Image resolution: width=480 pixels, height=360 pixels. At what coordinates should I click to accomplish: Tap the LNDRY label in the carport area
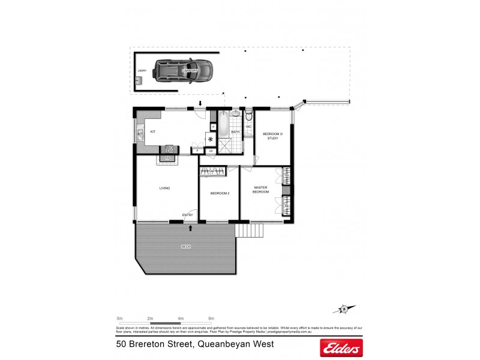pyautogui.click(x=142, y=71)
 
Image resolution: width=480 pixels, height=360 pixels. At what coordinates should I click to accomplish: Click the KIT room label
pyautogui.click(x=153, y=131)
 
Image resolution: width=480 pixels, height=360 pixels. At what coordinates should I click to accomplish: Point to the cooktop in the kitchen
pyautogui.click(x=170, y=149)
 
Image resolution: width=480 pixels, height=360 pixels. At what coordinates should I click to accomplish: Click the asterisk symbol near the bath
pyautogui.click(x=211, y=139)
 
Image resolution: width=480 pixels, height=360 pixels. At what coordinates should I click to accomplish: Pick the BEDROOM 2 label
pyautogui.click(x=220, y=193)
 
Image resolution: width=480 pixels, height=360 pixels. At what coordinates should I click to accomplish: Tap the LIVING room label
pyautogui.click(x=164, y=188)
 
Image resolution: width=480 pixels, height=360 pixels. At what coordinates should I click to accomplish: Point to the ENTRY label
pyautogui.click(x=188, y=215)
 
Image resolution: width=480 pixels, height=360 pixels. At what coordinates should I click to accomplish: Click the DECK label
pyautogui.click(x=186, y=247)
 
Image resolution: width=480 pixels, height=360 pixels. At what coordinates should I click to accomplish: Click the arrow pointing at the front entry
pyautogui.click(x=191, y=228)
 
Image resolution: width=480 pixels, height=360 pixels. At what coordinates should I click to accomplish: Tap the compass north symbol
pyautogui.click(x=343, y=310)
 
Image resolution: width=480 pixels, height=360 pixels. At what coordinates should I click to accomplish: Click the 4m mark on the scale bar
pyautogui.click(x=181, y=318)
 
